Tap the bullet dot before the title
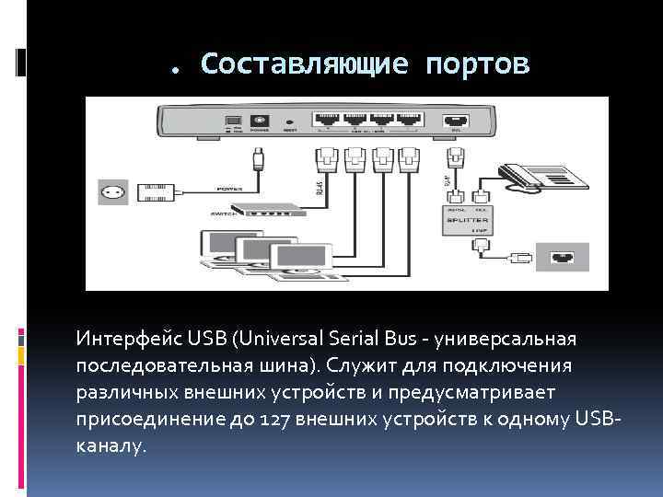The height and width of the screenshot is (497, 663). [175, 67]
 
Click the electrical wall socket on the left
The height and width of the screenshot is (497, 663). [114, 191]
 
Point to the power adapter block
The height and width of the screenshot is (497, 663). [156, 191]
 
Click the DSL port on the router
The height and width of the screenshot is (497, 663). [455, 121]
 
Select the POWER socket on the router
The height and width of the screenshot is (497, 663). [259, 121]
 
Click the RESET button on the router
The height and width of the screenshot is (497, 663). [289, 121]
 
